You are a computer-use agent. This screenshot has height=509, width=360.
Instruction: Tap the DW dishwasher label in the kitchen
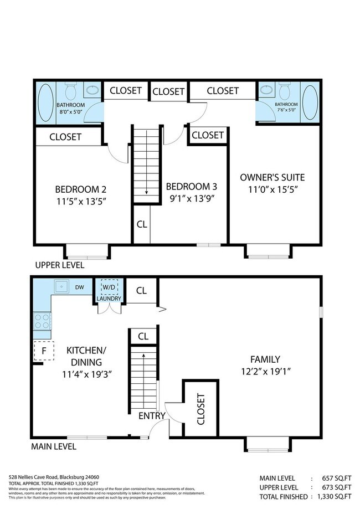(79, 287)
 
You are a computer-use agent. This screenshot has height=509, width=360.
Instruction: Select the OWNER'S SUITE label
(272, 178)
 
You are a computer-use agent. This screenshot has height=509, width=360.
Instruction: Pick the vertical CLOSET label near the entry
(200, 409)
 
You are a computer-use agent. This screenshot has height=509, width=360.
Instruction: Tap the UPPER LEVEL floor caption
(60, 265)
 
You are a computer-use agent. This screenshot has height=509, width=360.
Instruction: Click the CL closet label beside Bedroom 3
(141, 224)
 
